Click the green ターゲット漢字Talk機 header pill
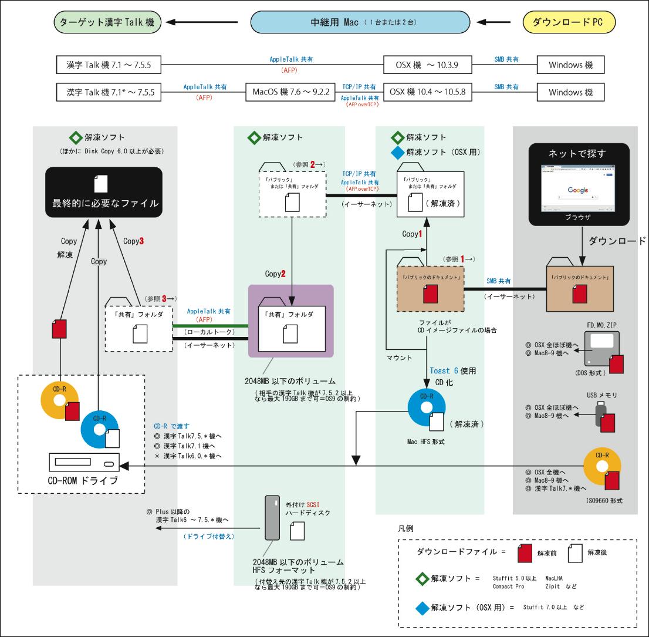tap(109, 23)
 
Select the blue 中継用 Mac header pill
tap(360, 23)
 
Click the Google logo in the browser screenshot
tap(578, 190)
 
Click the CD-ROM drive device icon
tap(83, 464)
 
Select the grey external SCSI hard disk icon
tap(272, 517)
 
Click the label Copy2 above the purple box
tap(275, 274)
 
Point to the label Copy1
tap(412, 234)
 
